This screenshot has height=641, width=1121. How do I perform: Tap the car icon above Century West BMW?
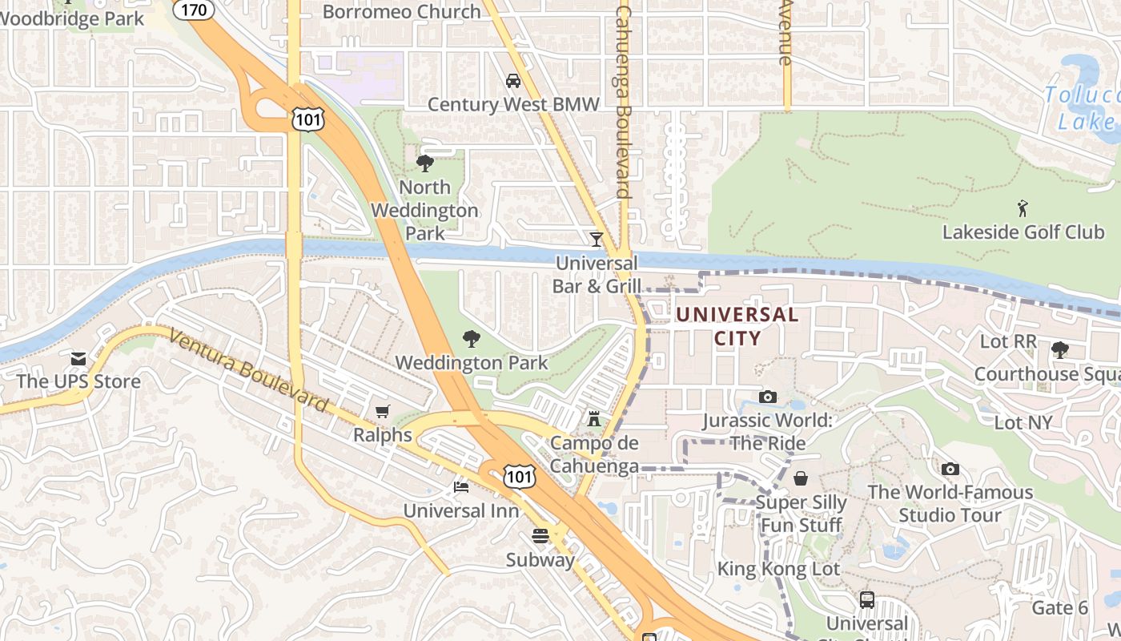(513, 81)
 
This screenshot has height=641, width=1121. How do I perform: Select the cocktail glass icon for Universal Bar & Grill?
(596, 240)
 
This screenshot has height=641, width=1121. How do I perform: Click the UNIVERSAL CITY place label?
(737, 326)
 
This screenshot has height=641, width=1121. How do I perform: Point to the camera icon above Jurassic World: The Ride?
(768, 397)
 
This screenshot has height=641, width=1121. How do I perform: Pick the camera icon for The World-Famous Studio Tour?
(950, 469)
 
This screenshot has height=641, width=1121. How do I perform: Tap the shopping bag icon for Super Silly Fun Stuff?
(801, 478)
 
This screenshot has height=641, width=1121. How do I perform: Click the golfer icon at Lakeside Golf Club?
(1023, 209)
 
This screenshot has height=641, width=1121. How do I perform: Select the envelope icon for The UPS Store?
(78, 358)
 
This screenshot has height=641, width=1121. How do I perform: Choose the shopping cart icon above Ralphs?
(383, 412)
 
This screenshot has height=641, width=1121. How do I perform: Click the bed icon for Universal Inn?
(460, 486)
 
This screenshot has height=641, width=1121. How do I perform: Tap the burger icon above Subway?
(540, 536)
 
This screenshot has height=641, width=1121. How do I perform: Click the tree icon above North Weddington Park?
(424, 163)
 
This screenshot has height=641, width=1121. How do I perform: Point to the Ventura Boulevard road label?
(249, 373)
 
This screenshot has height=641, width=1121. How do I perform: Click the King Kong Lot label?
(778, 569)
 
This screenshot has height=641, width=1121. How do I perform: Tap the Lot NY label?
(1023, 422)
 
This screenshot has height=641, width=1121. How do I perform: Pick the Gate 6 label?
(1059, 608)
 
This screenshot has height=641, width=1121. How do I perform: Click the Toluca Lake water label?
(1085, 108)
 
